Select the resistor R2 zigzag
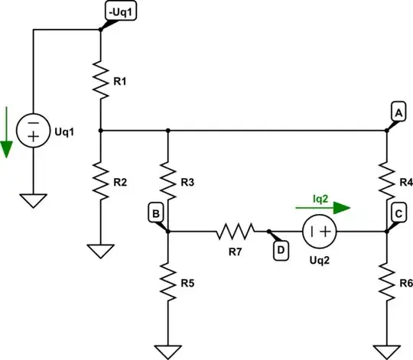pos(101,179)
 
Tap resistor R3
pos(167,180)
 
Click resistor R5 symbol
pos(167,278)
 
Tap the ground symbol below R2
pos(101,251)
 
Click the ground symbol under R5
pos(167,351)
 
